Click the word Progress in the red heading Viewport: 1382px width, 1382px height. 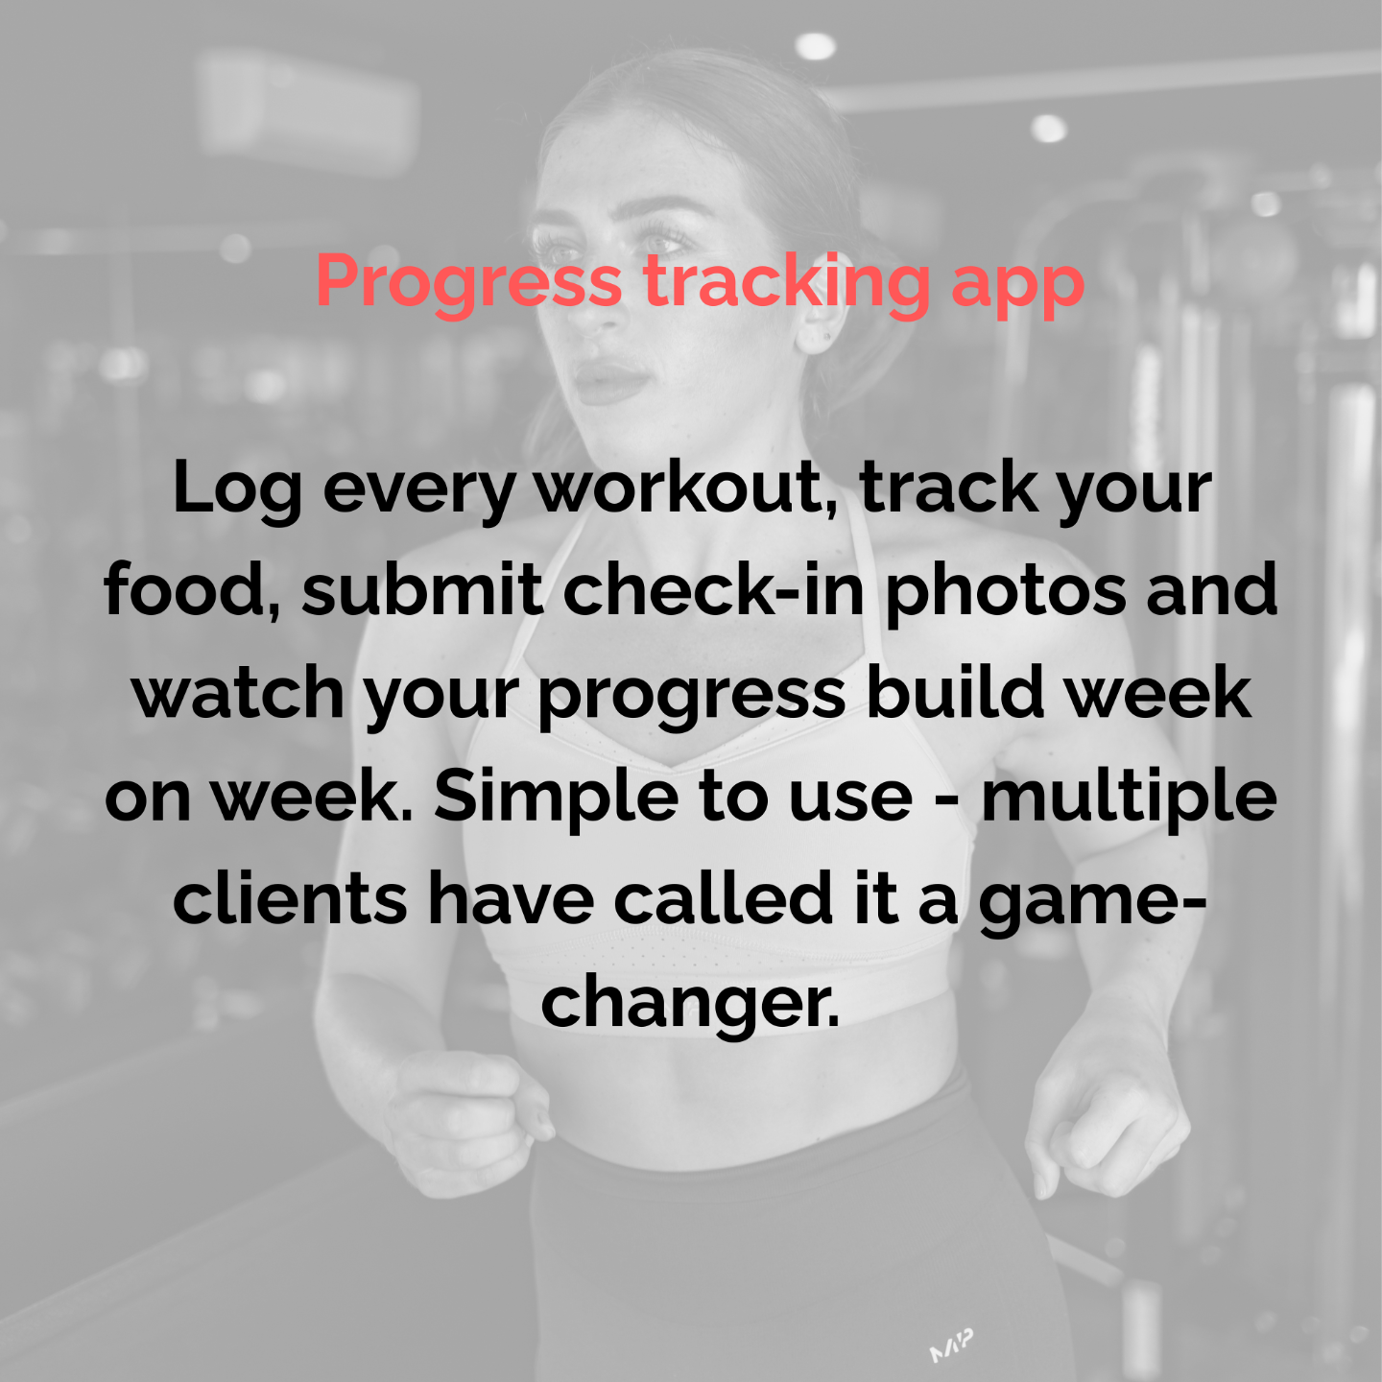click(x=469, y=284)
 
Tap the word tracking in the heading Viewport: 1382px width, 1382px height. click(x=786, y=284)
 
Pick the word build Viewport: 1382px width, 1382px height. click(x=955, y=691)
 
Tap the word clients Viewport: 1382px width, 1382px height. click(x=290, y=898)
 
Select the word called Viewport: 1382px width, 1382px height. click(x=723, y=898)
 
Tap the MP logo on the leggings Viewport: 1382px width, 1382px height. click(x=951, y=1346)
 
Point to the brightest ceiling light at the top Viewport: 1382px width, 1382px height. click(x=816, y=46)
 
